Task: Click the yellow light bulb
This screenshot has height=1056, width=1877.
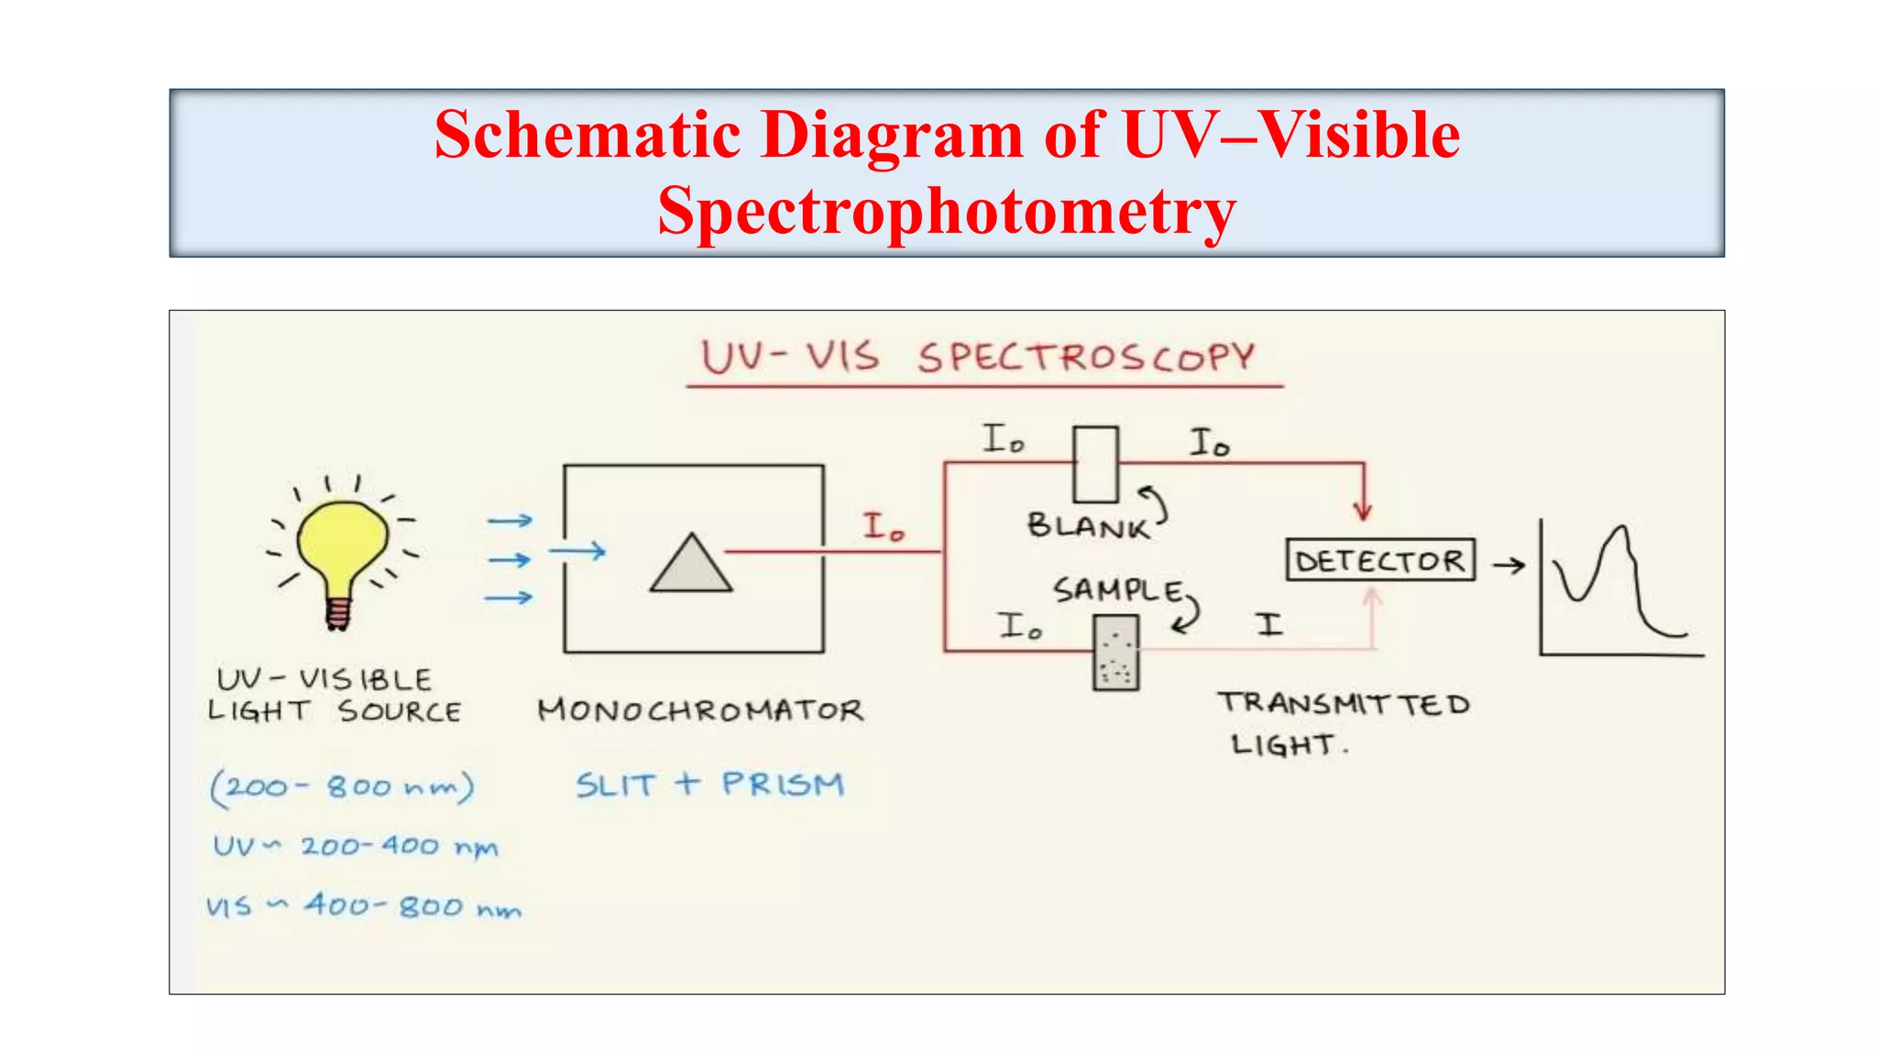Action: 341,545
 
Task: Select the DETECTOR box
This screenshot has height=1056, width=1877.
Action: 1380,560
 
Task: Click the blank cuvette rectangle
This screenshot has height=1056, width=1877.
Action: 1095,465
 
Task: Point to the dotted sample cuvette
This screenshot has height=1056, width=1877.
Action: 1115,652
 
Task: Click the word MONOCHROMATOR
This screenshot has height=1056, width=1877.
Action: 700,710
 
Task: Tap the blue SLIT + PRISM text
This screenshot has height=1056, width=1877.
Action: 709,785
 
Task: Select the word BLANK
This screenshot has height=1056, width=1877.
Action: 1087,526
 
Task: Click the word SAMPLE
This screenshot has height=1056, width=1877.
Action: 1117,589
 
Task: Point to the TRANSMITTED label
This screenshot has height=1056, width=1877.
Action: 1344,704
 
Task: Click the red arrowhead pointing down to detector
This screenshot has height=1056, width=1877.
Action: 1363,511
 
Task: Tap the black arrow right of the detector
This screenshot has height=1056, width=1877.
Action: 1509,566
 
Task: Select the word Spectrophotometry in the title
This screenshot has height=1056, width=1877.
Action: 947,212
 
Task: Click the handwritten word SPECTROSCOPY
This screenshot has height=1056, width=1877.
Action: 1086,357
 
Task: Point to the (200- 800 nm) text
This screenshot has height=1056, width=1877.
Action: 342,787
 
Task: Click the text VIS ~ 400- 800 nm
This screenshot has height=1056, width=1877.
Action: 363,907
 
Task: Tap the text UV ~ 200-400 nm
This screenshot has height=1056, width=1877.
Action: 356,846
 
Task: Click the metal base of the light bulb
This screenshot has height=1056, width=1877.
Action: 338,612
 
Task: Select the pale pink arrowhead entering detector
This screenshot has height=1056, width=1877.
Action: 1372,597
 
